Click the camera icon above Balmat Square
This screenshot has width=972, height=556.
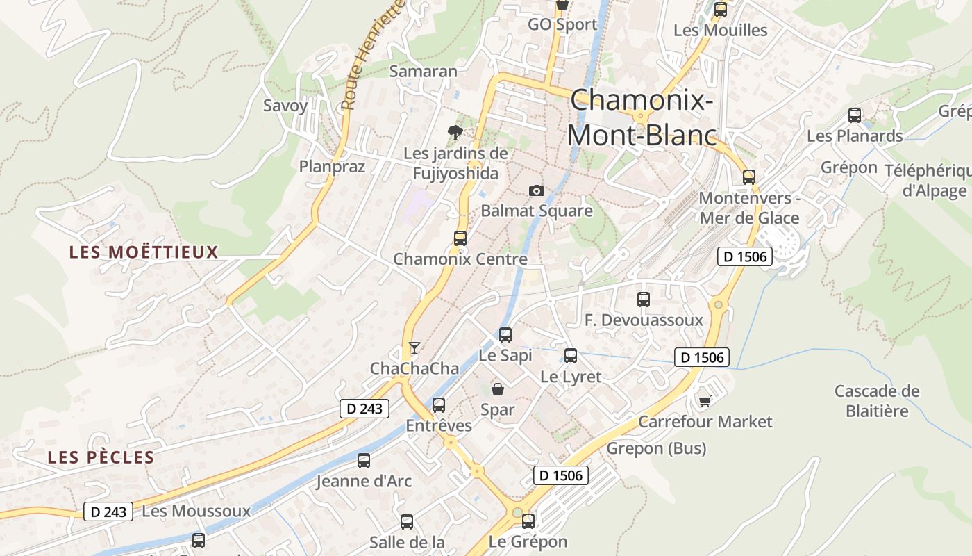pyautogui.click(x=536, y=190)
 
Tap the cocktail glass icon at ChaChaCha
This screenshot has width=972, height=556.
pyautogui.click(x=414, y=348)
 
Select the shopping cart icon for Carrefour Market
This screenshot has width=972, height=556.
pyautogui.click(x=705, y=401)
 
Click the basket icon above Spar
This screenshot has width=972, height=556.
pyautogui.click(x=498, y=389)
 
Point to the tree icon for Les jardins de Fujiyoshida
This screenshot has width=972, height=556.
pyautogui.click(x=455, y=132)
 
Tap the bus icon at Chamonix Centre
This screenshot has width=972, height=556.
pyautogui.click(x=460, y=238)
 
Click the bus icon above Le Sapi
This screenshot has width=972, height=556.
pyautogui.click(x=505, y=335)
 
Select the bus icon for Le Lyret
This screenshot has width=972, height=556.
pyautogui.click(x=571, y=356)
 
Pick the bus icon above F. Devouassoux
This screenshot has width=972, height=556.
pyautogui.click(x=644, y=300)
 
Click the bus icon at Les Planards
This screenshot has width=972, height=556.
pyautogui.click(x=855, y=115)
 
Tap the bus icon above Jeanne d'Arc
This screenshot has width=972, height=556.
pyautogui.click(x=364, y=460)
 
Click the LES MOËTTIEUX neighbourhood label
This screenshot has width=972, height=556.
pyautogui.click(x=144, y=252)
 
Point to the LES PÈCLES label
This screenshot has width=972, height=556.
pyautogui.click(x=101, y=457)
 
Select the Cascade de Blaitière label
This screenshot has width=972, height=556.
pyautogui.click(x=877, y=401)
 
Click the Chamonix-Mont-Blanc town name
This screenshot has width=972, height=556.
pyautogui.click(x=642, y=117)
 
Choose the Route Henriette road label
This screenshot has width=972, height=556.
pyautogui.click(x=372, y=56)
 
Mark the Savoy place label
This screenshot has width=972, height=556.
pyautogui.click(x=285, y=106)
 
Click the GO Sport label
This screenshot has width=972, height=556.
pyautogui.click(x=562, y=24)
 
